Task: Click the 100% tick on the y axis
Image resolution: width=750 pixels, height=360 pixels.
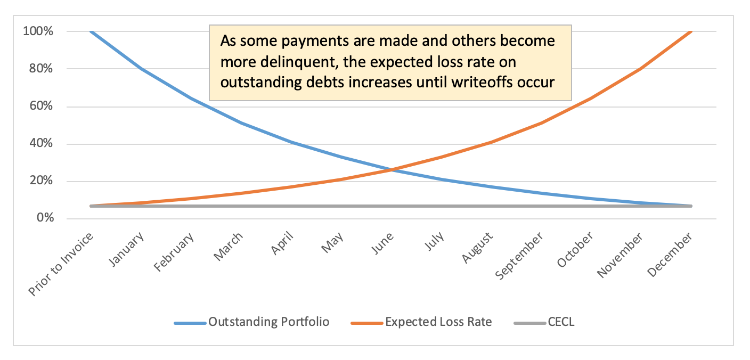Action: pyautogui.click(x=38, y=31)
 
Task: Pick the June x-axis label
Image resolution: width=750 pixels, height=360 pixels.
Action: pyautogui.click(x=382, y=244)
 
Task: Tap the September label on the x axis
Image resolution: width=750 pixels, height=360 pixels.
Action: pyautogui.click(x=520, y=255)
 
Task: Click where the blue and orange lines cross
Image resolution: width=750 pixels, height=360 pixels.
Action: pyautogui.click(x=392, y=170)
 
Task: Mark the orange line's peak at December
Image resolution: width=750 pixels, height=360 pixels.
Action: pyautogui.click(x=691, y=31)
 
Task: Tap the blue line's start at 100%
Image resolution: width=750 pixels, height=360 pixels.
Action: pyautogui.click(x=91, y=31)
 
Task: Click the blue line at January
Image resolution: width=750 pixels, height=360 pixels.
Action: pyautogui.click(x=141, y=69)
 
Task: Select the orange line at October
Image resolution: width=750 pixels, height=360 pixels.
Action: pyautogui.click(x=591, y=98)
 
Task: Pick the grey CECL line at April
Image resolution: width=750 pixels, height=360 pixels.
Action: pyautogui.click(x=291, y=206)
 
